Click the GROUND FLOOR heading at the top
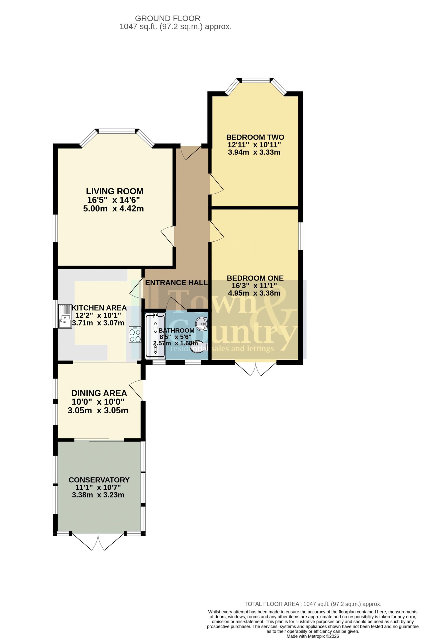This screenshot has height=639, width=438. click(x=168, y=18)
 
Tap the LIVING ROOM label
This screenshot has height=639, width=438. click(x=114, y=191)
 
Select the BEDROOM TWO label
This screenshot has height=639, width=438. click(x=255, y=137)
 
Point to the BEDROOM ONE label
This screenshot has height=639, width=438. click(x=255, y=278)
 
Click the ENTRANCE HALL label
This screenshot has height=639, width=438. click(x=176, y=283)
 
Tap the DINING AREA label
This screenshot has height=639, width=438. click(x=99, y=393)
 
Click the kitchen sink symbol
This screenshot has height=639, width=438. click(x=65, y=317)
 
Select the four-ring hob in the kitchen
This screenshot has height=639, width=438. click(x=135, y=335)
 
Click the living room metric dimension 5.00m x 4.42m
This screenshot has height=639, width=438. click(x=113, y=209)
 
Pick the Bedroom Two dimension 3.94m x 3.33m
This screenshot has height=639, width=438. click(x=254, y=152)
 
